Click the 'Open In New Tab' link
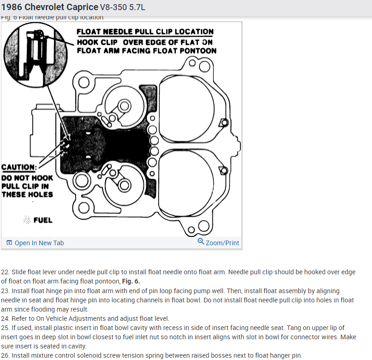[39, 243]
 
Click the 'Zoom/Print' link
[222, 243]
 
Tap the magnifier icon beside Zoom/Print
[201, 242]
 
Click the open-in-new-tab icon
[9, 243]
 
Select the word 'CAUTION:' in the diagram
[19, 167]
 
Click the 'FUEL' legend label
[43, 220]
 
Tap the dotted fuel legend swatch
[27, 220]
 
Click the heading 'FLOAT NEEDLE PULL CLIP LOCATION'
[145, 32]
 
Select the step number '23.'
[6, 291]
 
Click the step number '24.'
[6, 319]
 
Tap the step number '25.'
[6, 328]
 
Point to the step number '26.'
[6, 355]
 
